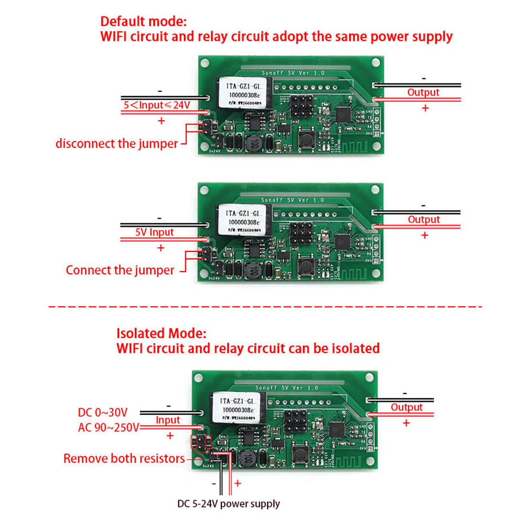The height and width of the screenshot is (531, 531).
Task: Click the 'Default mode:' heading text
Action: click(143, 21)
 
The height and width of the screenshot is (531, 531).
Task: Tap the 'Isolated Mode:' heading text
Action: click(161, 333)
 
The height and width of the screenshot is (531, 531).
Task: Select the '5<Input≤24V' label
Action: click(157, 105)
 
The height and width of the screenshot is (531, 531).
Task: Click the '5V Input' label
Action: click(154, 232)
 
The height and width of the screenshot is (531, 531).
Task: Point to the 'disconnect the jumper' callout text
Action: click(116, 144)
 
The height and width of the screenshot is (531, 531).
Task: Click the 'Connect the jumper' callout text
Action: click(120, 270)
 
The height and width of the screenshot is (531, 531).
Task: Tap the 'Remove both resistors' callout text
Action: click(124, 458)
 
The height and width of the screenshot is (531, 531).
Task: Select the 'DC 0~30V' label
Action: click(103, 412)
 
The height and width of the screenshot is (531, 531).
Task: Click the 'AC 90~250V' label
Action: click(108, 427)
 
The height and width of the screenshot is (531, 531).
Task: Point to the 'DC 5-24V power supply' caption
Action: click(228, 504)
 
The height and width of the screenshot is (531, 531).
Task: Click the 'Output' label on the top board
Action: click(423, 92)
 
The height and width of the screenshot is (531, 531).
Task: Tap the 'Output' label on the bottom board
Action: click(406, 407)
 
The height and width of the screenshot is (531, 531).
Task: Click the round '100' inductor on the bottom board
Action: click(248, 458)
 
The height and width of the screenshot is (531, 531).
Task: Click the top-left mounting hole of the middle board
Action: click(204, 190)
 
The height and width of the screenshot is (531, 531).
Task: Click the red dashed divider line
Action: click(265, 306)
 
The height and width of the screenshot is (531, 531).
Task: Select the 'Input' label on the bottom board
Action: click(168, 420)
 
